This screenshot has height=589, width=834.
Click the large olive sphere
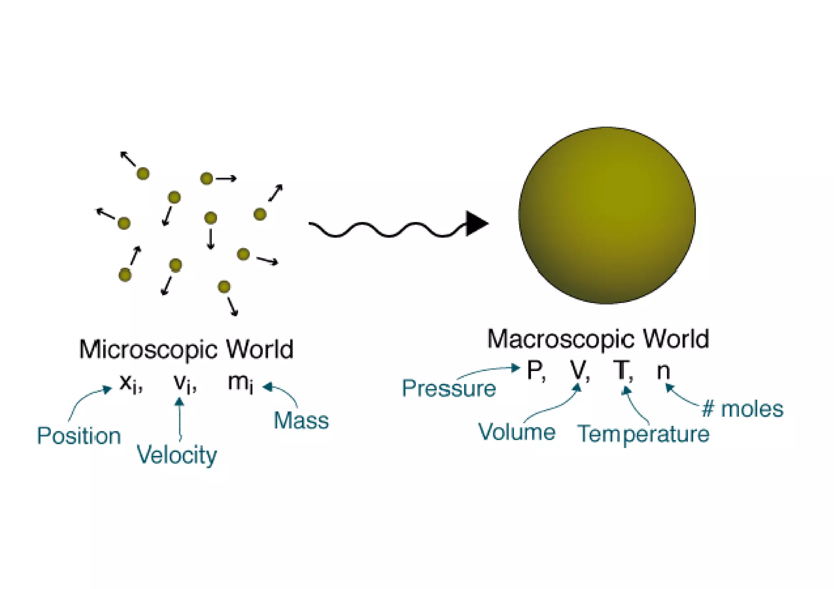pyautogui.click(x=607, y=215)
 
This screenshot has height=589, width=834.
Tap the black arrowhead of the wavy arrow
pyautogui.click(x=476, y=223)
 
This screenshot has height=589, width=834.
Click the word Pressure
pyautogui.click(x=449, y=388)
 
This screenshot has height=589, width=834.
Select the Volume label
pyautogui.click(x=516, y=432)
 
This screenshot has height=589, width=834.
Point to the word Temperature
pyautogui.click(x=643, y=434)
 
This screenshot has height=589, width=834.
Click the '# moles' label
pyautogui.click(x=742, y=409)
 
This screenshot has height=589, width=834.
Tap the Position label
pyautogui.click(x=79, y=436)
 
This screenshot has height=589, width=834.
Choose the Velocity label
pyautogui.click(x=176, y=455)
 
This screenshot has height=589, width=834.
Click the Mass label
pyautogui.click(x=301, y=420)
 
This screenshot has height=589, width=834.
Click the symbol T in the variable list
pyautogui.click(x=622, y=371)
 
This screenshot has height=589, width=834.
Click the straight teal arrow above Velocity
pyautogui.click(x=179, y=419)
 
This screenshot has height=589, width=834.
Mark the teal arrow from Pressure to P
pyautogui.click(x=489, y=370)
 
